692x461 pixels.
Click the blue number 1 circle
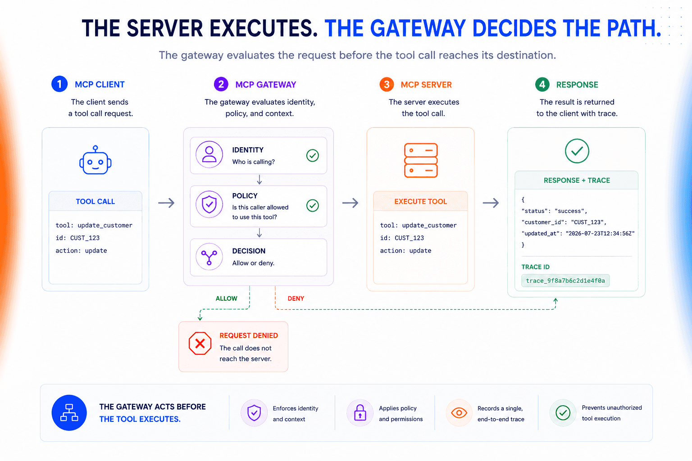pyautogui.click(x=59, y=84)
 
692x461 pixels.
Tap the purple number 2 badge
pyautogui.click(x=221, y=84)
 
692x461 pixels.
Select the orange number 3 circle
pyautogui.click(x=387, y=84)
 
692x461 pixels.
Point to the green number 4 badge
pyautogui.click(x=542, y=84)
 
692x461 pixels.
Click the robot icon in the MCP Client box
pyautogui.click(x=96, y=160)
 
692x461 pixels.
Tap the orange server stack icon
pyautogui.click(x=421, y=160)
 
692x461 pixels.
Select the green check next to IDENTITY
pyautogui.click(x=312, y=155)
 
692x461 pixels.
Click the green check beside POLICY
pyautogui.click(x=312, y=205)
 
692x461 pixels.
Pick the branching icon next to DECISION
pyautogui.click(x=209, y=257)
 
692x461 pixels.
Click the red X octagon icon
pyautogui.click(x=200, y=343)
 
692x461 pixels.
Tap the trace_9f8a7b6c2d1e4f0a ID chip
pyautogui.click(x=565, y=280)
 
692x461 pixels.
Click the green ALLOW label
pyautogui.click(x=227, y=298)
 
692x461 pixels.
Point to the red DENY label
pyautogui.click(x=296, y=298)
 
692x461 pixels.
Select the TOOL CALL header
pyautogui.click(x=96, y=201)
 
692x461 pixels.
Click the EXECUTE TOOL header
pyautogui.click(x=420, y=201)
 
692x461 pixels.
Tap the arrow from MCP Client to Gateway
pyautogui.click(x=166, y=203)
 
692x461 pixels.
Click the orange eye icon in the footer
pyautogui.click(x=459, y=412)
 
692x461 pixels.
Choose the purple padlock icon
pyautogui.click(x=360, y=412)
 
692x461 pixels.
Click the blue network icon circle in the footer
pyautogui.click(x=69, y=412)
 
